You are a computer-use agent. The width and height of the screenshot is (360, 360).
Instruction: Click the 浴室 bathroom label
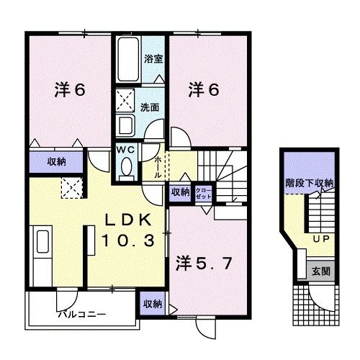[x=152, y=59]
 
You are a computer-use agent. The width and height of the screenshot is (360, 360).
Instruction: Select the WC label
[x=126, y=150]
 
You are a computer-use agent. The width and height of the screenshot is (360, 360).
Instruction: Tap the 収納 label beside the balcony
[x=152, y=303]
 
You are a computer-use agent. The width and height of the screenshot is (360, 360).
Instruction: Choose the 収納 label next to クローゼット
[x=180, y=192]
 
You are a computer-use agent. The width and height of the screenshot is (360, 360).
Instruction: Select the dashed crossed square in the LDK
[x=71, y=188]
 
